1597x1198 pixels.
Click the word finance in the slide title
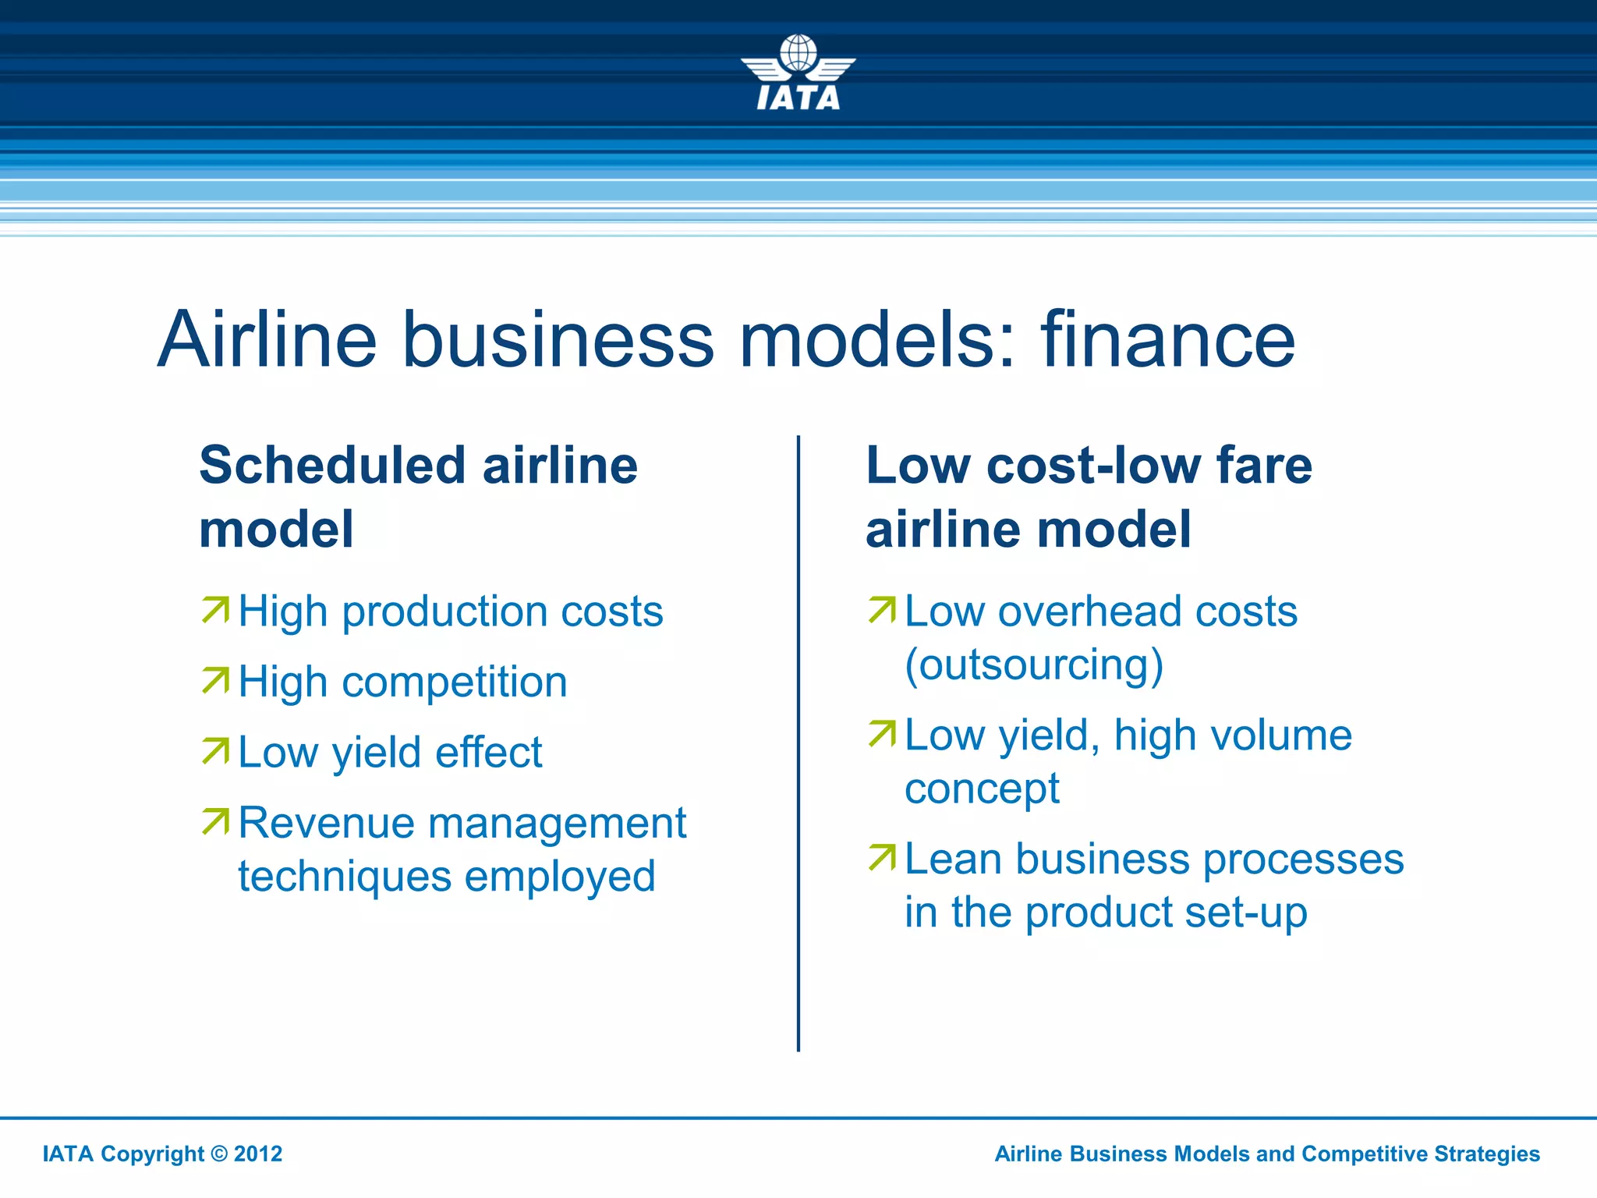click(1167, 340)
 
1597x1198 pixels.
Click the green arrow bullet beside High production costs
click(216, 610)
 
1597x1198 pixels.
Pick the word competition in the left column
click(454, 682)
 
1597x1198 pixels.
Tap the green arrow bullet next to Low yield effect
click(216, 751)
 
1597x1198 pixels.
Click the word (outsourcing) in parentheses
click(1034, 665)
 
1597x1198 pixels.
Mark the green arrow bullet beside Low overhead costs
click(883, 610)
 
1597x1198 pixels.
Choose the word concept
click(982, 789)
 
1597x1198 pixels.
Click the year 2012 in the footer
click(258, 1154)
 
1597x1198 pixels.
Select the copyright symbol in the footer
click(220, 1154)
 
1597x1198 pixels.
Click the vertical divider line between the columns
click(798, 741)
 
